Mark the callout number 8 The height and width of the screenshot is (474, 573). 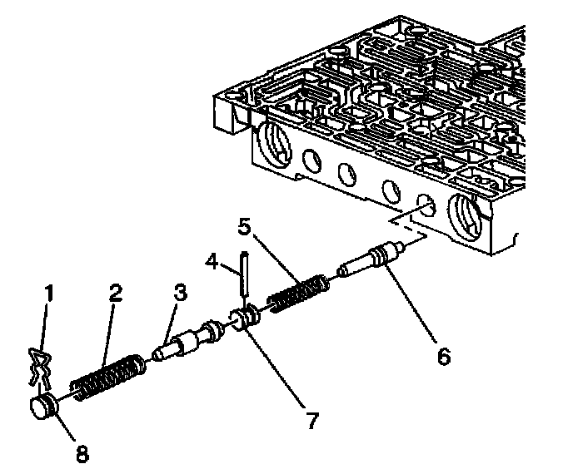click(82, 453)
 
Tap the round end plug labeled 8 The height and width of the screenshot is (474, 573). click(43, 408)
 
